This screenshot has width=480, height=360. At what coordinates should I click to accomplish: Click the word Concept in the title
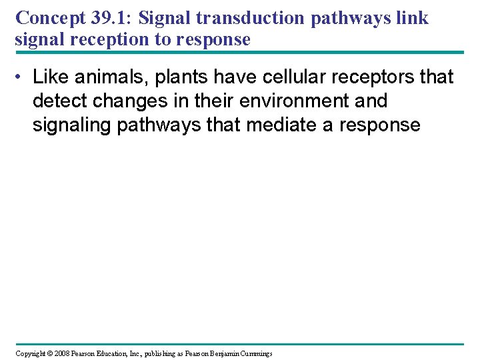tap(42, 18)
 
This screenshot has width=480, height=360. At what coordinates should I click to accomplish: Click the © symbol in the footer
tap(51, 353)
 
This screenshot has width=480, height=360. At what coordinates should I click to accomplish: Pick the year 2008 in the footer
tap(63, 353)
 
